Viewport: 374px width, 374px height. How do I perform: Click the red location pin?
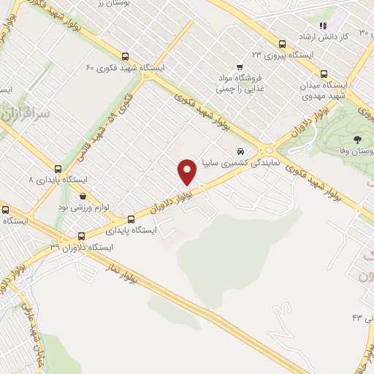pyautogui.click(x=188, y=171)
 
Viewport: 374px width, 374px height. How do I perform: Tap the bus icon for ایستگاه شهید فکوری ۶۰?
pyautogui.click(x=126, y=56)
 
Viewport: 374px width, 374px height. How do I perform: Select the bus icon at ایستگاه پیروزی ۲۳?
pyautogui.click(x=283, y=43)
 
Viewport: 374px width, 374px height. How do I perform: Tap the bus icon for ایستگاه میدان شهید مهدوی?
pyautogui.click(x=324, y=74)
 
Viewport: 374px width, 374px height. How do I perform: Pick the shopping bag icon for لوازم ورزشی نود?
pyautogui.click(x=83, y=196)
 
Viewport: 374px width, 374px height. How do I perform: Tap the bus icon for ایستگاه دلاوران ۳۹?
pyautogui.click(x=80, y=236)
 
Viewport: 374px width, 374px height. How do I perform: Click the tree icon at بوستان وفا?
pyautogui.click(x=356, y=139)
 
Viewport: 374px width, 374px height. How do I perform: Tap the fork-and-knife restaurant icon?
pyautogui.click(x=321, y=26)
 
